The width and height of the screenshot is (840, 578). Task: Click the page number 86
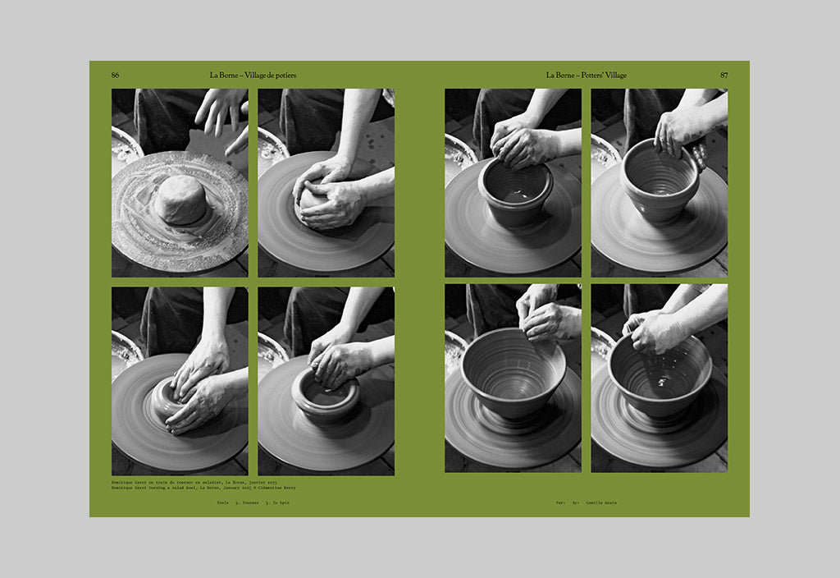(116, 75)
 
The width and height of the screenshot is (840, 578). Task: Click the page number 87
(724, 75)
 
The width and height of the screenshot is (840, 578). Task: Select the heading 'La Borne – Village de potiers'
(253, 75)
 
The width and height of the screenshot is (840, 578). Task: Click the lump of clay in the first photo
(180, 200)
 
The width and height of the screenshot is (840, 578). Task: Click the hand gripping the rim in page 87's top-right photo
(679, 133)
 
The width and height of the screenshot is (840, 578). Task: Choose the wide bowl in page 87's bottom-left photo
(512, 373)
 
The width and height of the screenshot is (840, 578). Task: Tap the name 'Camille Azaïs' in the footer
(600, 502)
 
